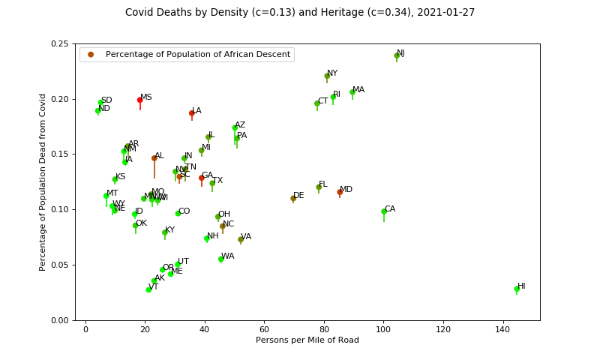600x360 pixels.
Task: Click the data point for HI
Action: click(x=517, y=289)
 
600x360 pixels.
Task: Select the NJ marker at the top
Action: click(x=397, y=55)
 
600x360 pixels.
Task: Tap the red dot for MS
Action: click(x=139, y=100)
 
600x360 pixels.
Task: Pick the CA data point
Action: click(x=384, y=211)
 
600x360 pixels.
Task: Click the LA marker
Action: click(x=192, y=113)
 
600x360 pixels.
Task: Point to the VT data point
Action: click(x=148, y=289)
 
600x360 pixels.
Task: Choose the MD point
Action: click(x=340, y=192)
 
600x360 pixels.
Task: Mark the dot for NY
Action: click(x=327, y=76)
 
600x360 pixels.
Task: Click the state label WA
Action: click(x=228, y=256)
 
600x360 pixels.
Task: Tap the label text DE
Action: click(x=298, y=196)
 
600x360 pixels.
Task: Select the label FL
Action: click(x=323, y=184)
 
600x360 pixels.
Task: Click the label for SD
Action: click(x=106, y=100)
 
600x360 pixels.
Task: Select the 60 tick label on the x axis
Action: click(x=264, y=330)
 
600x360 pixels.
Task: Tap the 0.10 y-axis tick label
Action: click(x=61, y=209)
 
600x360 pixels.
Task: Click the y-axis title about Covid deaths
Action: click(x=43, y=182)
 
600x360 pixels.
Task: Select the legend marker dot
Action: click(x=91, y=55)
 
